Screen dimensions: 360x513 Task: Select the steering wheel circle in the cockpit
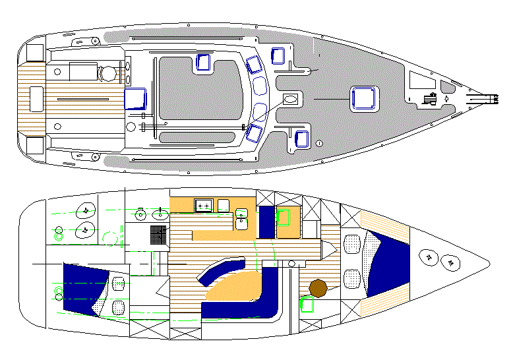coord(106,74)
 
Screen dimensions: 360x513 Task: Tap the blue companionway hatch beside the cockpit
coord(135,98)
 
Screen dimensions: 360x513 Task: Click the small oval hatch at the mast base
coord(291,99)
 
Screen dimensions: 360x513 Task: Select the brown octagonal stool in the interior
coord(318,288)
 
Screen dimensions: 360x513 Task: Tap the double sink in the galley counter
coord(204,206)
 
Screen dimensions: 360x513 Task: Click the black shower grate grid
coord(159,234)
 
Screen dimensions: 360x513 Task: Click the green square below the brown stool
coord(307,305)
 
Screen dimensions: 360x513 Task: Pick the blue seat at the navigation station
coord(266,222)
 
